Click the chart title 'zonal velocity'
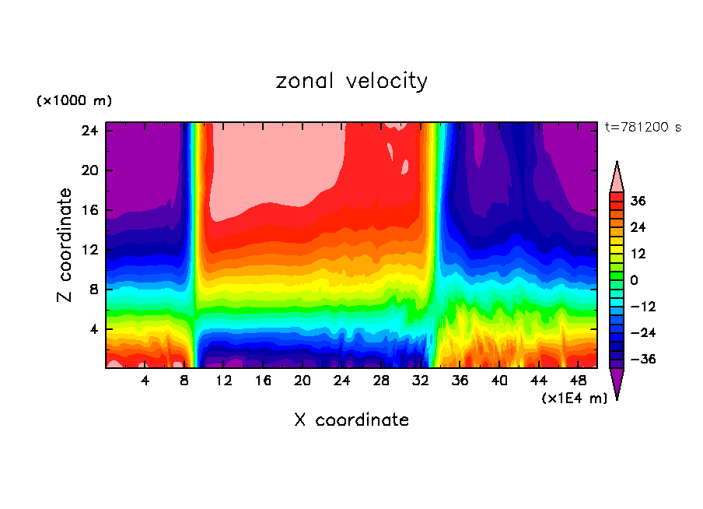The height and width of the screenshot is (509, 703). point(351,81)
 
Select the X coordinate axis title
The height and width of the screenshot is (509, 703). point(351,420)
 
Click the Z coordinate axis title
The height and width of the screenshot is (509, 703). point(65,245)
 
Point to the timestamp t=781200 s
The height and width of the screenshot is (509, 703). point(642,128)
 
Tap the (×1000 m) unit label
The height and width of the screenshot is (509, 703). point(74,101)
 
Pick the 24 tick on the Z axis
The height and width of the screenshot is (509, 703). point(89,131)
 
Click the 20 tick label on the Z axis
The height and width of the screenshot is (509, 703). point(89,170)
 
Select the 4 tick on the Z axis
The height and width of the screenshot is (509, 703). point(93,329)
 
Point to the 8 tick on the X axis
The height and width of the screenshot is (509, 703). point(184,381)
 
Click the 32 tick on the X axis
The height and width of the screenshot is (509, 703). point(421,381)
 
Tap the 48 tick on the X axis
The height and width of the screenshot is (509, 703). point(579,381)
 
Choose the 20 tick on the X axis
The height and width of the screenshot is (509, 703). point(303,381)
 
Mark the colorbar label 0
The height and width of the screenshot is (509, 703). point(635,280)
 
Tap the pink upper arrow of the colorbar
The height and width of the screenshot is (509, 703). point(617,178)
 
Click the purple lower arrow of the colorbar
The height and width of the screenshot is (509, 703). point(617,382)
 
